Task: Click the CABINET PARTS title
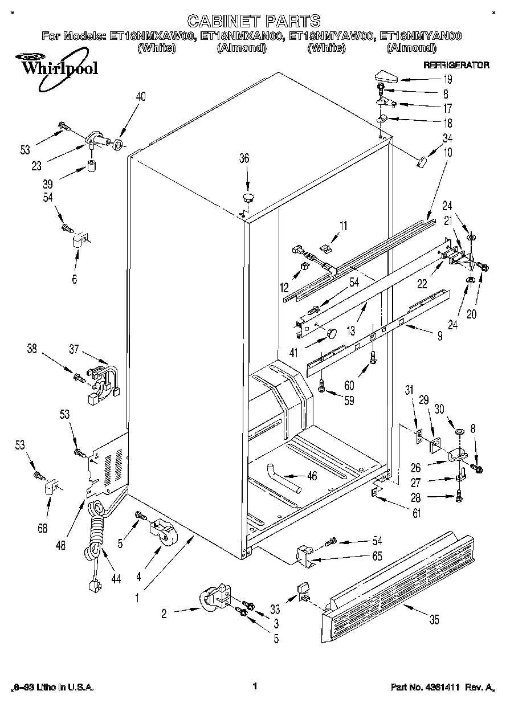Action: tap(254, 22)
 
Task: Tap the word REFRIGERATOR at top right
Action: tap(456, 66)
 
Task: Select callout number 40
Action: tap(141, 97)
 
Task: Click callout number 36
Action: tap(244, 160)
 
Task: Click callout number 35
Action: tap(434, 620)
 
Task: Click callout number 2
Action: tap(165, 614)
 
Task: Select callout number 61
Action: tap(417, 514)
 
